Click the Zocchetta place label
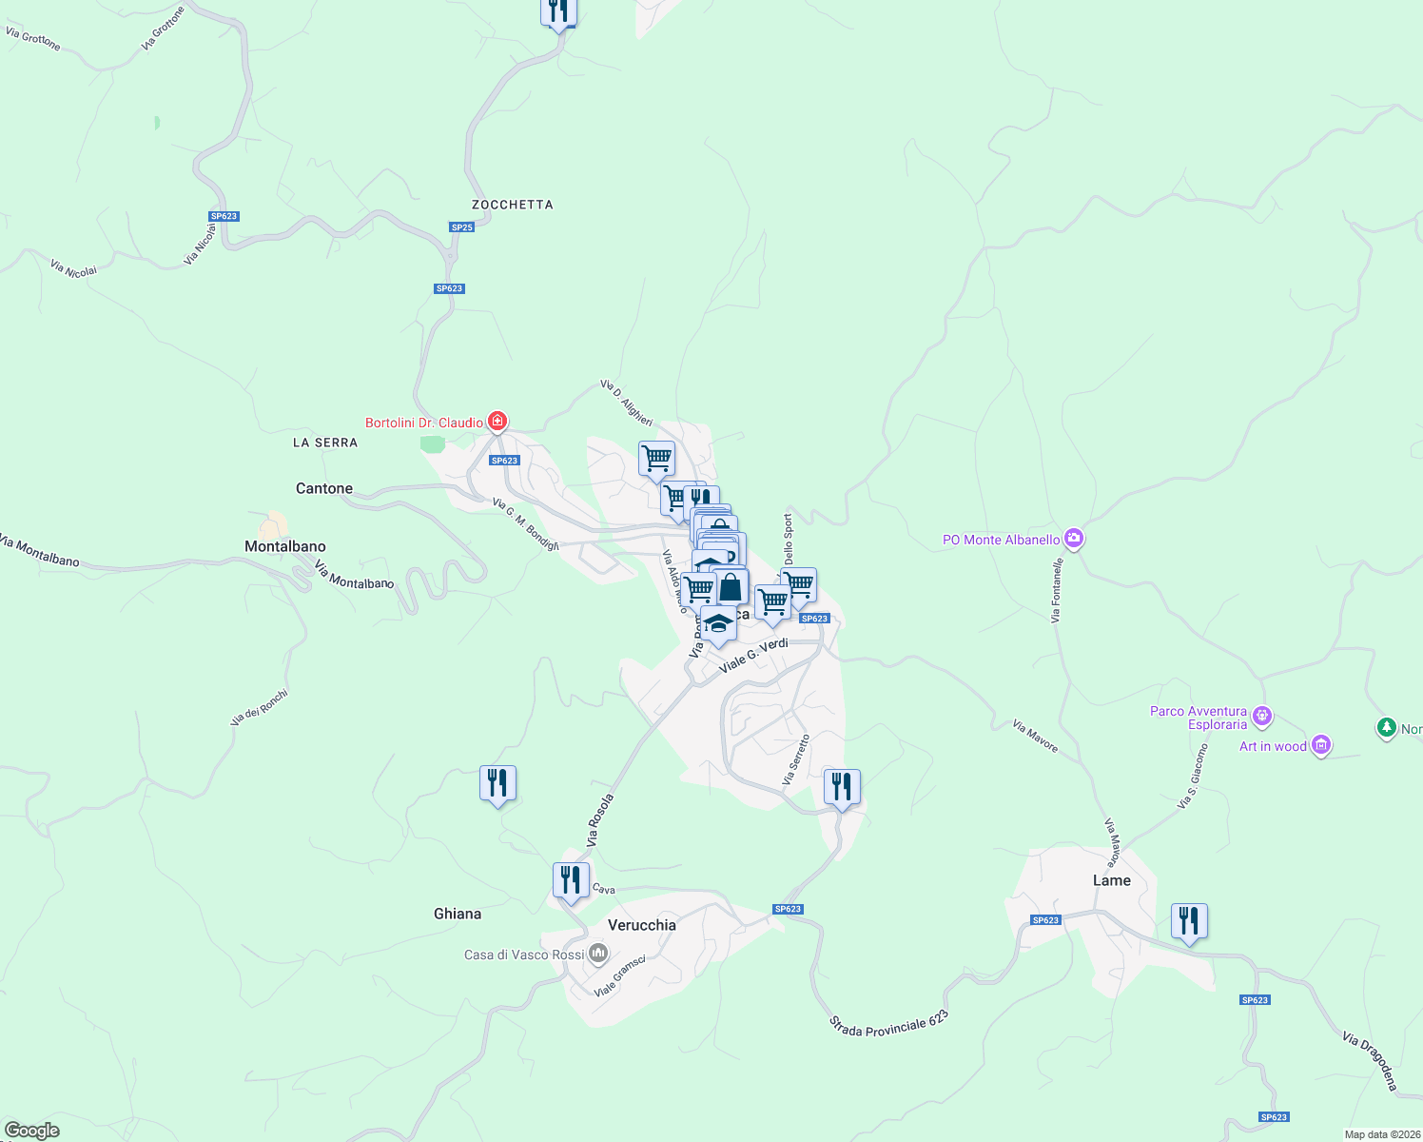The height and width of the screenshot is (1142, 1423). pyautogui.click(x=512, y=205)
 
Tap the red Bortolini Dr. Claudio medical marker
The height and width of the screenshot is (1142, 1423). pyautogui.click(x=497, y=421)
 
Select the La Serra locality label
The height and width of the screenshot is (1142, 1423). pyautogui.click(x=325, y=443)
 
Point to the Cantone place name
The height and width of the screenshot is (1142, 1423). pyautogui.click(x=324, y=488)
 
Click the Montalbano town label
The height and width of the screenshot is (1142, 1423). pyautogui.click(x=285, y=546)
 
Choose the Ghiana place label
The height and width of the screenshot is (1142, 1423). pyautogui.click(x=458, y=914)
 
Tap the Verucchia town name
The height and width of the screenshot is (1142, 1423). pyautogui.click(x=642, y=925)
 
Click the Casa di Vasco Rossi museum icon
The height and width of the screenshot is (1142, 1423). pyautogui.click(x=598, y=953)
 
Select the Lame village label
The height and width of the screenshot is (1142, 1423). pyautogui.click(x=1112, y=880)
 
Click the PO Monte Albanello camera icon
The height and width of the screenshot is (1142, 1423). pyautogui.click(x=1074, y=539)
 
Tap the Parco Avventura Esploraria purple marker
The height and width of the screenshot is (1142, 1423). pyautogui.click(x=1262, y=715)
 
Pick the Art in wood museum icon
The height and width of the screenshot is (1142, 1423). pyautogui.click(x=1321, y=745)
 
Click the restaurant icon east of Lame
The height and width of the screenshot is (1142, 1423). pyautogui.click(x=1189, y=921)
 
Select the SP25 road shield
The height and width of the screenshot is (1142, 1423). pyautogui.click(x=461, y=227)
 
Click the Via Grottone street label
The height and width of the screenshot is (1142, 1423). pyautogui.click(x=33, y=38)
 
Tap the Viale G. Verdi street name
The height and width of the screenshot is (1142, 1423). pyautogui.click(x=753, y=657)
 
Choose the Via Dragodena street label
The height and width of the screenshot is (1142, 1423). pyautogui.click(x=1371, y=1060)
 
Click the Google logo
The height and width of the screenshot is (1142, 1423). pyautogui.click(x=32, y=1130)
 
